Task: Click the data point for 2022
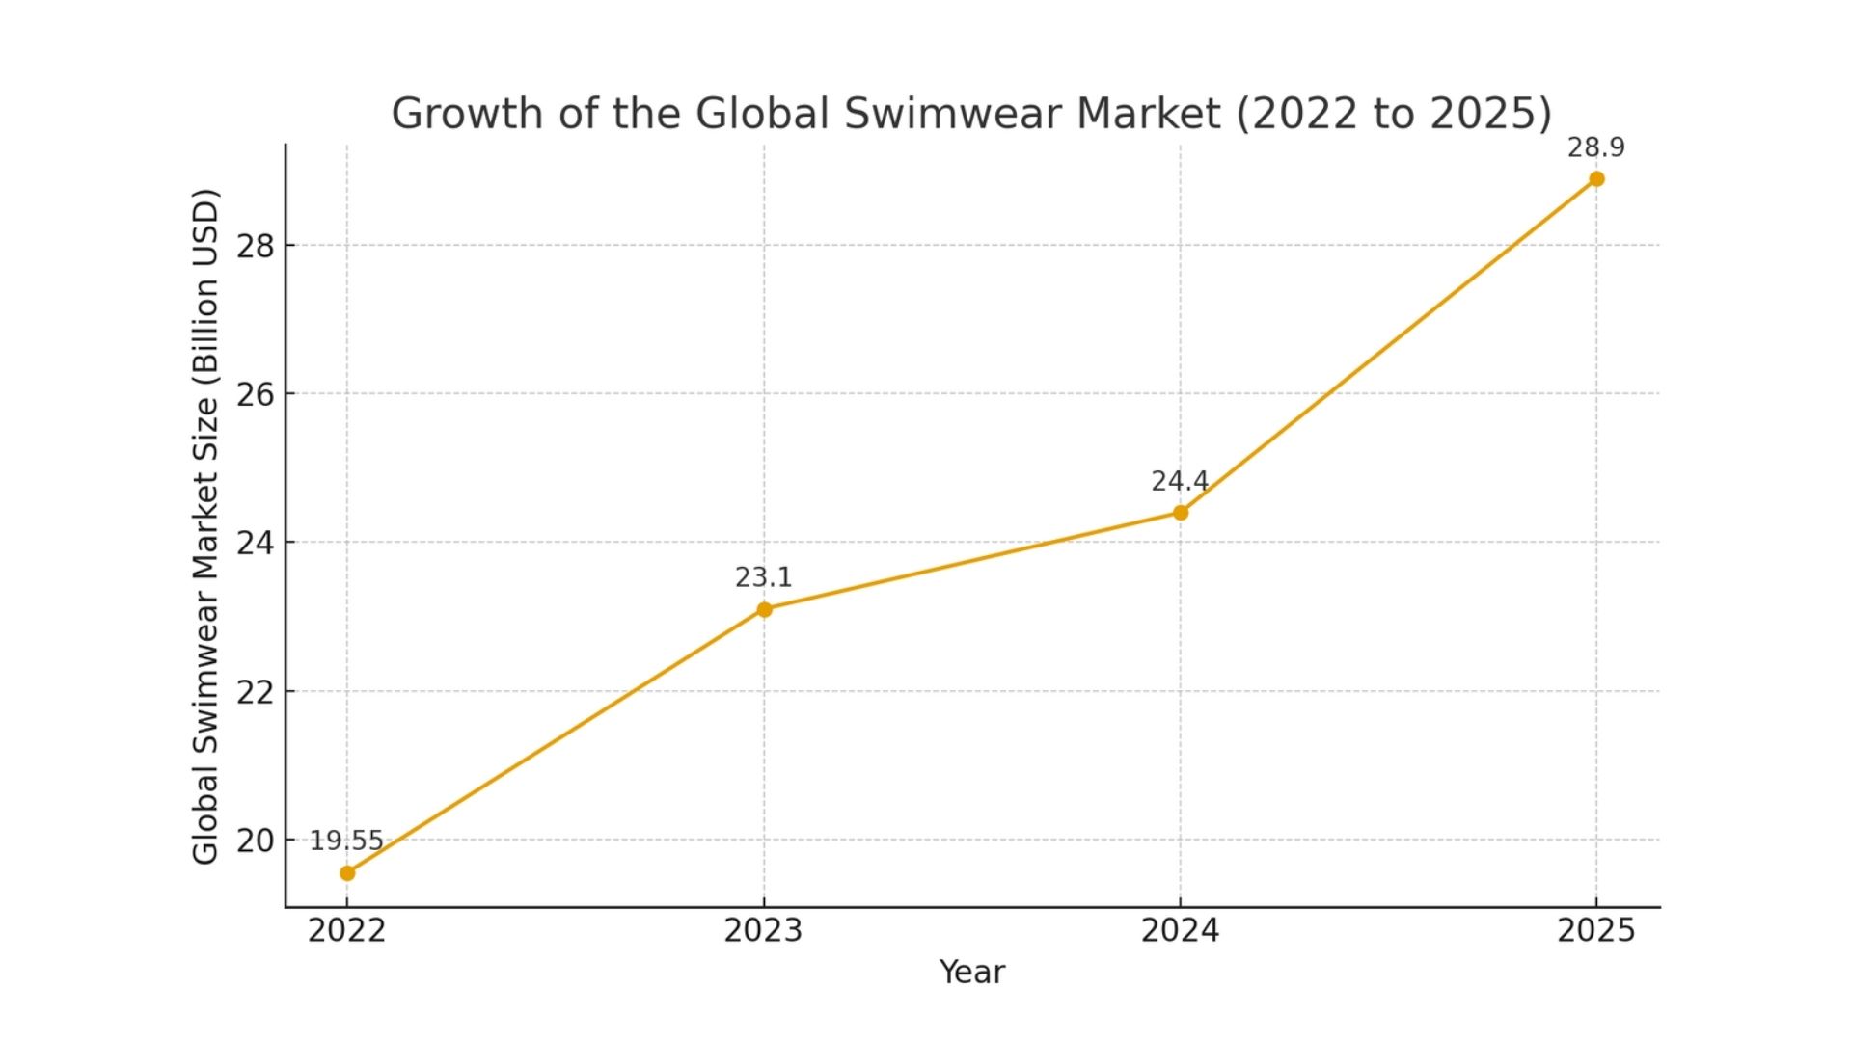pos(347,873)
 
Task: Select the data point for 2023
pos(764,609)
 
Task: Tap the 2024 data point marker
pos(1181,513)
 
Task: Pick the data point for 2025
pos(1596,179)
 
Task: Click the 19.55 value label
pos(346,841)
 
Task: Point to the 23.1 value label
pos(763,577)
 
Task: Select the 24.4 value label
pos(1179,481)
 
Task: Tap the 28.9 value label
pos(1595,147)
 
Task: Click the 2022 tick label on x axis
pos(346,931)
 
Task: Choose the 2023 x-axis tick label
pos(763,931)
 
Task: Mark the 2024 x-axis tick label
pos(1180,931)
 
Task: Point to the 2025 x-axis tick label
pos(1596,931)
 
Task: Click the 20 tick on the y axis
pos(256,841)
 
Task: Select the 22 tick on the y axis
pos(256,692)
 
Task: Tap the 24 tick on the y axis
pos(256,544)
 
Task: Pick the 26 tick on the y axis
pos(256,395)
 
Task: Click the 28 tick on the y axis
pos(256,247)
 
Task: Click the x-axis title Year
pos(972,973)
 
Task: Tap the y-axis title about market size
pos(205,526)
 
